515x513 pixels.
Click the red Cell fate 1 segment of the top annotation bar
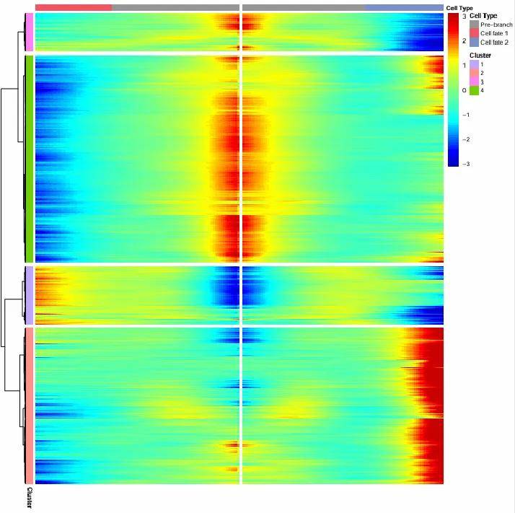(73, 7)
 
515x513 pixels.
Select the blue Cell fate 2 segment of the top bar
(403, 7)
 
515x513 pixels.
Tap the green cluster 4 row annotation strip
(29, 159)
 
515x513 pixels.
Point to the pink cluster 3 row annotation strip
(29, 32)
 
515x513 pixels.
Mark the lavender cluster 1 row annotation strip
(29, 295)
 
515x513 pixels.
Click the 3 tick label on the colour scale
(465, 16)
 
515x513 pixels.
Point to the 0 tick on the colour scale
(464, 91)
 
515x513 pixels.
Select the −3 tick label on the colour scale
(465, 165)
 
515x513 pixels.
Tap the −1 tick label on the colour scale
(465, 115)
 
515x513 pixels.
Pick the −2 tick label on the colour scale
(465, 139)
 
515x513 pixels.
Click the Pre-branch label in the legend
(496, 25)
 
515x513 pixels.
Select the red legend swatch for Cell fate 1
(474, 34)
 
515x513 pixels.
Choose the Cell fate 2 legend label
(495, 43)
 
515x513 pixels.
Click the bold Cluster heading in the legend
(480, 56)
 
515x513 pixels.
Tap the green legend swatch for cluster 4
(474, 91)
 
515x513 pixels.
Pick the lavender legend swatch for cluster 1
(474, 65)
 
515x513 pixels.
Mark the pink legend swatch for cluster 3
(474, 82)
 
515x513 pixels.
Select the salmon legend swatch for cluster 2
(474, 74)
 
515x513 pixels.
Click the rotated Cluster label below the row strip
(29, 498)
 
